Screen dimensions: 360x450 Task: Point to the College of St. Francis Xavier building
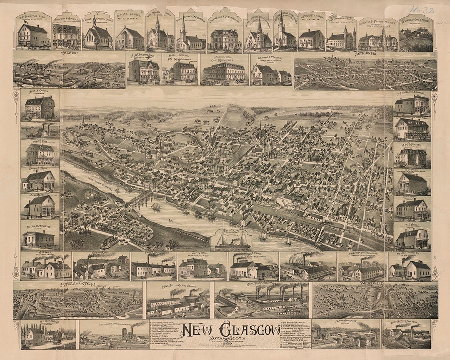point(377,41)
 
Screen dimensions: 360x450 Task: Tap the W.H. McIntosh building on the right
point(411,157)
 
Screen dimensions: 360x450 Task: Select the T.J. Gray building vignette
point(412,238)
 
